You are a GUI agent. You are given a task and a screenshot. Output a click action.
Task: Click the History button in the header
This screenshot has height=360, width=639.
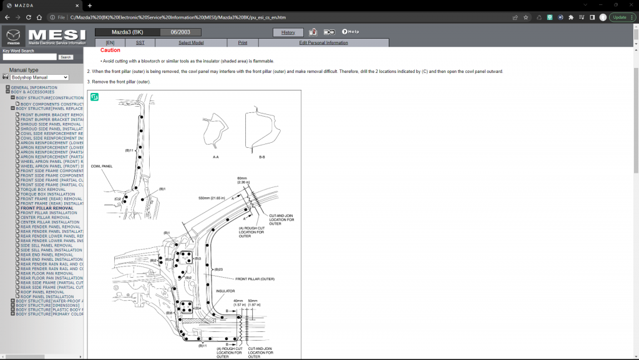(288, 32)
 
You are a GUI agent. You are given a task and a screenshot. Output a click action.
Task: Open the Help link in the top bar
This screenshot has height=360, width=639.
(351, 32)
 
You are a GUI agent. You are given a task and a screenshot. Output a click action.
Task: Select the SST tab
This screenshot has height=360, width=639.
(140, 42)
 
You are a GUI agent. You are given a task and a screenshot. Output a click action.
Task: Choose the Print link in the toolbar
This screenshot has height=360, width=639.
(242, 42)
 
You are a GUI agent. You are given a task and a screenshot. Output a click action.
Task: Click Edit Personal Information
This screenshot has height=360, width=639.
(323, 42)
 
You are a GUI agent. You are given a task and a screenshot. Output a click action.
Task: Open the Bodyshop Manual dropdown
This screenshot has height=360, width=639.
(39, 77)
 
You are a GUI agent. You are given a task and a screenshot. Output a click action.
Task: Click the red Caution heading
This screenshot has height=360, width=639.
(110, 50)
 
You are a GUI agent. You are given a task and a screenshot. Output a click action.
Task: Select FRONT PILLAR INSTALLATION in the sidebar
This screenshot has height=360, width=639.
(49, 213)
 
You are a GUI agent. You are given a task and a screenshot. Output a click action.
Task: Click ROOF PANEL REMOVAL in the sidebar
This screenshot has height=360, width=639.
(42, 292)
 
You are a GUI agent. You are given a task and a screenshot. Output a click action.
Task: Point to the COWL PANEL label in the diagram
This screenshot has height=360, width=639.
(102, 167)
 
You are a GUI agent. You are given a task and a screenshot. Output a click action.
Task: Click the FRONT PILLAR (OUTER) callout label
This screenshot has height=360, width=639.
(255, 279)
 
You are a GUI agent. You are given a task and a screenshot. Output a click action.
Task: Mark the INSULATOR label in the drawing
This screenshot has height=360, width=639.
(225, 291)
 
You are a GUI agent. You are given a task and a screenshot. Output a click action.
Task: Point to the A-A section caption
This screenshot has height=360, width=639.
(215, 157)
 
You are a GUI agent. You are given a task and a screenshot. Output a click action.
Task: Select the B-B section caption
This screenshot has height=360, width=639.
(262, 157)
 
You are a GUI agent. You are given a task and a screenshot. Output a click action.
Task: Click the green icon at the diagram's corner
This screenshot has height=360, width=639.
(95, 97)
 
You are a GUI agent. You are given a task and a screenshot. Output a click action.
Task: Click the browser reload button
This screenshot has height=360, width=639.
(39, 17)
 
